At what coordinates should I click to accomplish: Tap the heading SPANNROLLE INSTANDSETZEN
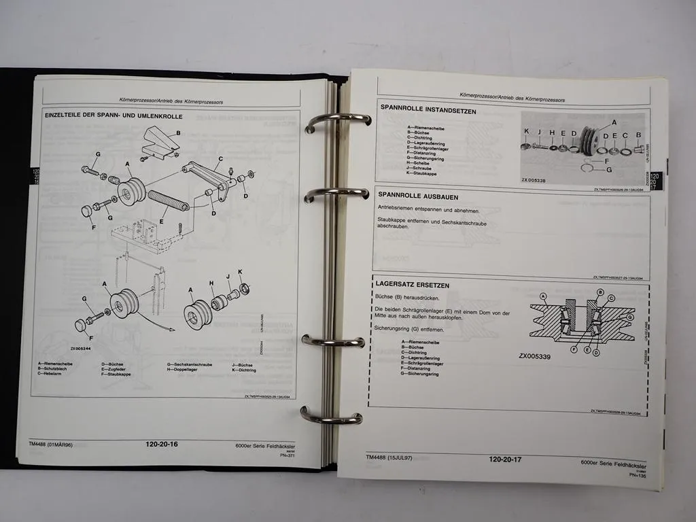click(x=428, y=111)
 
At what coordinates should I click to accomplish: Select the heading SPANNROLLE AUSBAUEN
click(x=417, y=194)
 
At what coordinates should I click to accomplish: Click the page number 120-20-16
click(x=161, y=444)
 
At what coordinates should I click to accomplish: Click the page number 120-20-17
click(x=505, y=459)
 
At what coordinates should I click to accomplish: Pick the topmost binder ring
click(x=337, y=121)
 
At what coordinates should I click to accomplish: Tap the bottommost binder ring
click(x=332, y=416)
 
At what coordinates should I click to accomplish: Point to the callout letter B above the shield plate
click(x=177, y=133)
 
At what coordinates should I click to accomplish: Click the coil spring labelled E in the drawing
click(x=167, y=201)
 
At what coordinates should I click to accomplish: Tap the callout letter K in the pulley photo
click(x=526, y=132)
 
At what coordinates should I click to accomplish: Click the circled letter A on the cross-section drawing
click(x=543, y=296)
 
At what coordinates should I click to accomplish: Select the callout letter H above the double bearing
click(x=211, y=283)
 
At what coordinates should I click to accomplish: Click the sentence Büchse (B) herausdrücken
click(x=405, y=298)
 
